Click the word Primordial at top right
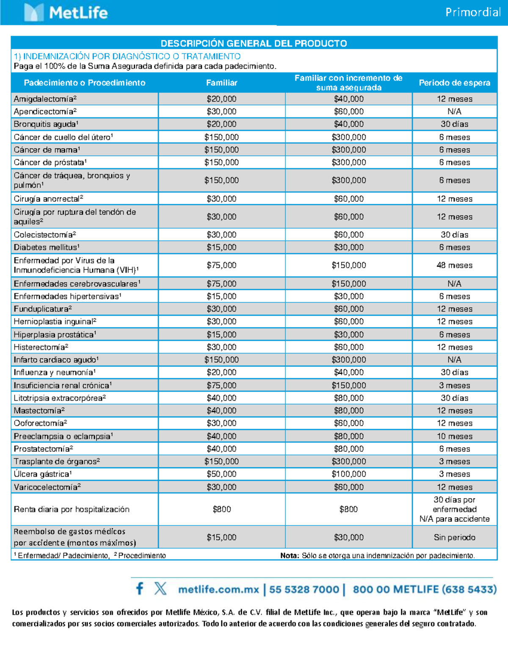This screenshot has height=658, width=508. tap(473, 12)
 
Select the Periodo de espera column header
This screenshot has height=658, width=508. tap(454, 83)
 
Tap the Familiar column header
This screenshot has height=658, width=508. tap(221, 83)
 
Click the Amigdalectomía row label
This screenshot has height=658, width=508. tap(45, 99)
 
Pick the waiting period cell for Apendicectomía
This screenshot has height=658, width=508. tap(454, 111)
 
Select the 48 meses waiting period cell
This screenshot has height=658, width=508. tap(454, 265)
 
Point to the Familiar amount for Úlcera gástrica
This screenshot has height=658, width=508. tap(221, 474)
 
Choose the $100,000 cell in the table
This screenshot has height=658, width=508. tap(348, 474)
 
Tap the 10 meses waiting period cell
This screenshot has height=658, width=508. tap(454, 436)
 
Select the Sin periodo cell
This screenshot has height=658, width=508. tap(454, 537)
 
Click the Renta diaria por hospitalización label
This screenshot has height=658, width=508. tap(72, 509)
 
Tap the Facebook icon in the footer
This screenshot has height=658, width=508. tap(140, 589)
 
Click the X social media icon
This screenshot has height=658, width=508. tap(160, 589)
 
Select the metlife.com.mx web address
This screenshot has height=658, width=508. tap(218, 589)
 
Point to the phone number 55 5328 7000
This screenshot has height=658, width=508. tap(304, 589)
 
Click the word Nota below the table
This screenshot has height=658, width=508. tap(290, 555)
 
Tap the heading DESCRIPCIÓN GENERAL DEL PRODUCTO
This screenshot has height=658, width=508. tap(254, 43)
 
